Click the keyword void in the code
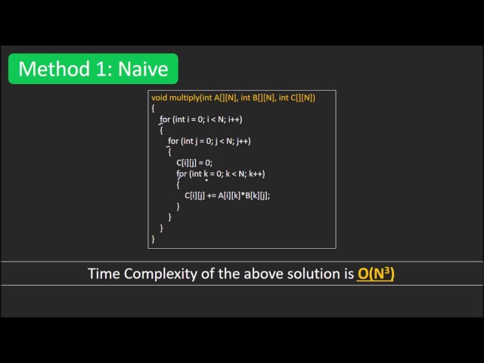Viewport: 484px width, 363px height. point(159,98)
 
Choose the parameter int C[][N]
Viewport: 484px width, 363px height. point(295,98)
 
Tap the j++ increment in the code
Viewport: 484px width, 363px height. point(243,141)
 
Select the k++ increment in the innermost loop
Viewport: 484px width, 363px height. point(257,174)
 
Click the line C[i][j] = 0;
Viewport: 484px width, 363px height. point(194,163)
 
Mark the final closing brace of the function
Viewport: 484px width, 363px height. point(153,238)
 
